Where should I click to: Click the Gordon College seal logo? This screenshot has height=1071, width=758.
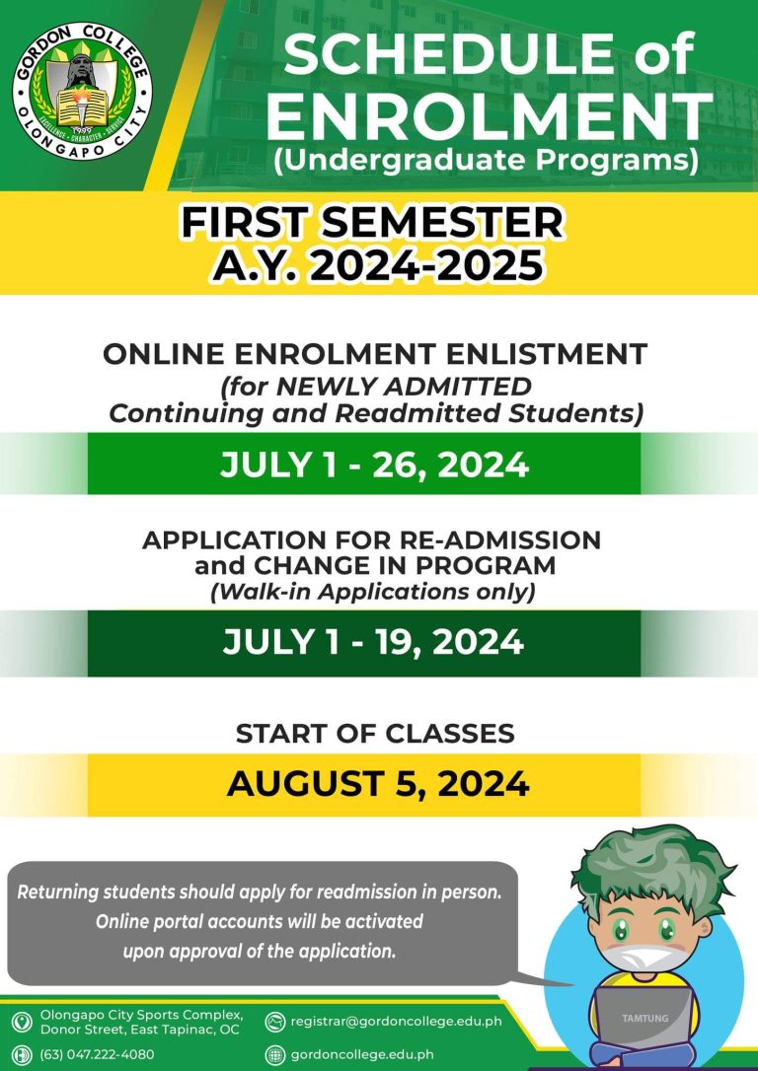[x=82, y=90]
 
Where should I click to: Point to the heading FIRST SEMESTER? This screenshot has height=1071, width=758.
[x=372, y=223]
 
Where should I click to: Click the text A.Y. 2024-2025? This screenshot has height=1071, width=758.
[x=378, y=264]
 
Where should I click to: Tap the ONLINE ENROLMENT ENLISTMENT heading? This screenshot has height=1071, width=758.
[x=375, y=354]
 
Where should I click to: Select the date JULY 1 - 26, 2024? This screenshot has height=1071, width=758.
[x=374, y=464]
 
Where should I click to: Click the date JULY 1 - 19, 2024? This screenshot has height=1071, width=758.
[x=373, y=643]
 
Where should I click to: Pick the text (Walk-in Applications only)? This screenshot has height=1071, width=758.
[x=373, y=592]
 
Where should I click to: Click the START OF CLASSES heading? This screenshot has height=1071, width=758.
[x=375, y=734]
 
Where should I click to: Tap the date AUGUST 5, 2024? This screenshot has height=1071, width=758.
[x=378, y=783]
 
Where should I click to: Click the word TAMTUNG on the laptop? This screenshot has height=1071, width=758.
[x=645, y=1019]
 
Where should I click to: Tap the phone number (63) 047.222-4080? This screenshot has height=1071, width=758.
[x=97, y=1054]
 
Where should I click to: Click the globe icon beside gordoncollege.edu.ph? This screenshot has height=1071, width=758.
[x=274, y=1054]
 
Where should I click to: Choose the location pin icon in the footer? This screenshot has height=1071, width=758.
[x=22, y=1022]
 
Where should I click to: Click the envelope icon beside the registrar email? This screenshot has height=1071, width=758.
[x=274, y=1022]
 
